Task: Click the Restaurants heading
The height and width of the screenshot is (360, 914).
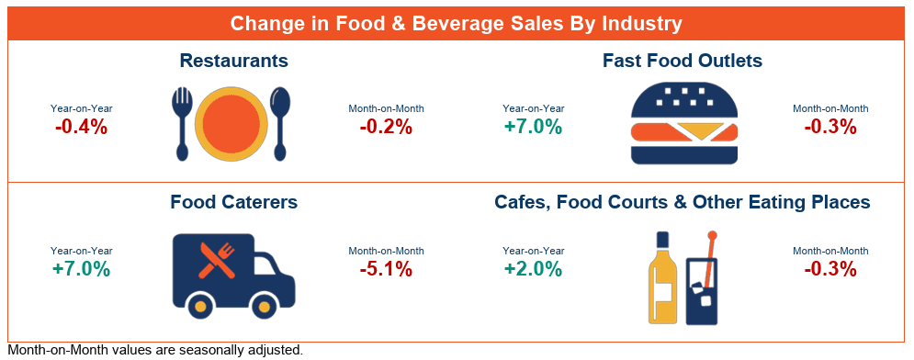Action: tap(233, 61)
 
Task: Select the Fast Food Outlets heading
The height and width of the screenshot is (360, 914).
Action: tap(683, 61)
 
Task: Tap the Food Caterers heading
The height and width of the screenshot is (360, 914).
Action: tap(233, 202)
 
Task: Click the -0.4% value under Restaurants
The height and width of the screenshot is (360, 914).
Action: tap(82, 127)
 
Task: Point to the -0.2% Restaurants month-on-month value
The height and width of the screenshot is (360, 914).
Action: tap(386, 127)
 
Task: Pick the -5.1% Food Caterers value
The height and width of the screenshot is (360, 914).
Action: tap(386, 269)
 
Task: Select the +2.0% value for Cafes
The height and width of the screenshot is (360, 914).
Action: tap(534, 269)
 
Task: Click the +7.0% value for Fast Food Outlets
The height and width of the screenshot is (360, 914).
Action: tap(534, 127)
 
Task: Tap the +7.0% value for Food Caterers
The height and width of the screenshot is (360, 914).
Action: tap(82, 269)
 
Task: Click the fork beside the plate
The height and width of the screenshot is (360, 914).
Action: tap(182, 124)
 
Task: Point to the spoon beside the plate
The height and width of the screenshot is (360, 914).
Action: tap(280, 123)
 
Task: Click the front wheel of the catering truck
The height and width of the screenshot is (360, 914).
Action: tap(265, 306)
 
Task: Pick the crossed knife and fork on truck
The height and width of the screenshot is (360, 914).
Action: tap(216, 260)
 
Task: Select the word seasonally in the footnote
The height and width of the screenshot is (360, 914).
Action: tap(216, 351)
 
